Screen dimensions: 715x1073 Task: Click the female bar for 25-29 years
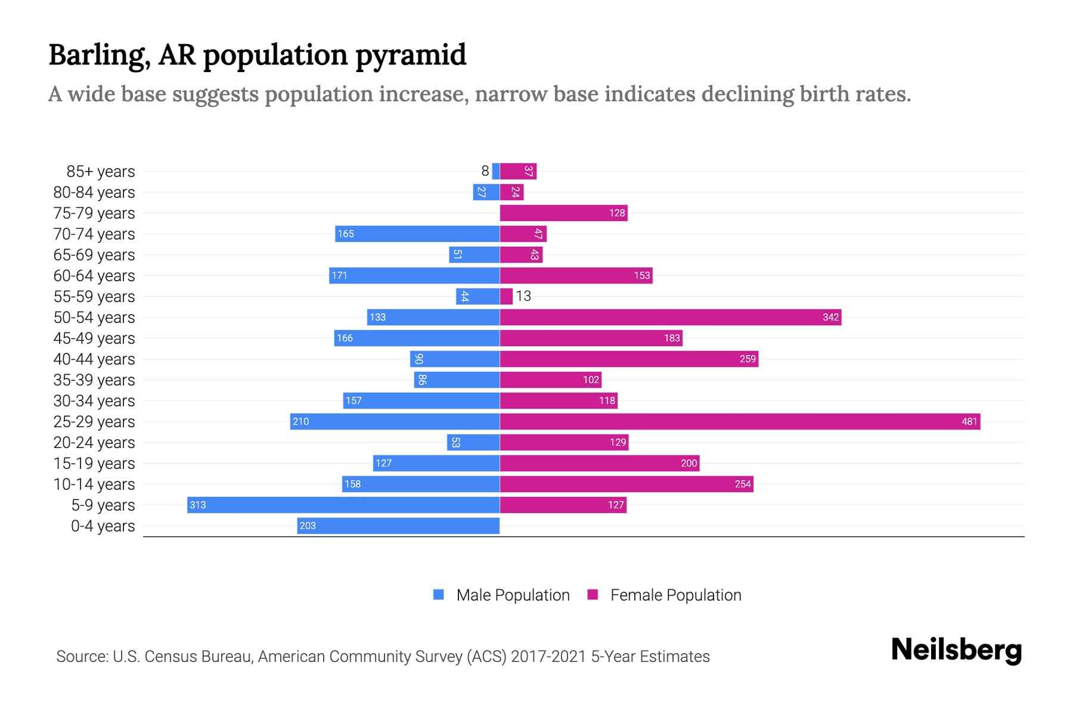pyautogui.click(x=739, y=422)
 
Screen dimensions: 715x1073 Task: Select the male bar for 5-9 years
pyautogui.click(x=343, y=505)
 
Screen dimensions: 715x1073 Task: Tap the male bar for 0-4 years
pyautogui.click(x=398, y=526)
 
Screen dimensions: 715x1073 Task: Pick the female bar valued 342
pyautogui.click(x=670, y=318)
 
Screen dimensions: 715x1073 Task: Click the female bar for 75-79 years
pyautogui.click(x=563, y=213)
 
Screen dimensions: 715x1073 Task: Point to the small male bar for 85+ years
pyautogui.click(x=496, y=172)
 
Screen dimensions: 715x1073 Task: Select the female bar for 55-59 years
pyautogui.click(x=506, y=297)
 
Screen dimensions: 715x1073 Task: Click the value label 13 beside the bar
pyautogui.click(x=523, y=296)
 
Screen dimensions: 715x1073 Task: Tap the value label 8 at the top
pyautogui.click(x=485, y=171)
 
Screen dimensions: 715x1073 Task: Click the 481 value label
pyautogui.click(x=969, y=422)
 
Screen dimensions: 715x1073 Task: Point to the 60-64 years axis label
pyautogui.click(x=94, y=276)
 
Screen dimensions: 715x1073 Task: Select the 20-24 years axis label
pyautogui.click(x=94, y=443)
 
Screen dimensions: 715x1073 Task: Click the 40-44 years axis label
pyautogui.click(x=94, y=359)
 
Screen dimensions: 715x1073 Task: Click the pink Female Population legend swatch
pyautogui.click(x=593, y=595)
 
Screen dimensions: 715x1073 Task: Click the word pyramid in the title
pyautogui.click(x=411, y=55)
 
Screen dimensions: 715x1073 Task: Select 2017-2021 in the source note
pyautogui.click(x=548, y=657)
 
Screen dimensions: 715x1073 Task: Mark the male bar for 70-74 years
pyautogui.click(x=417, y=234)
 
